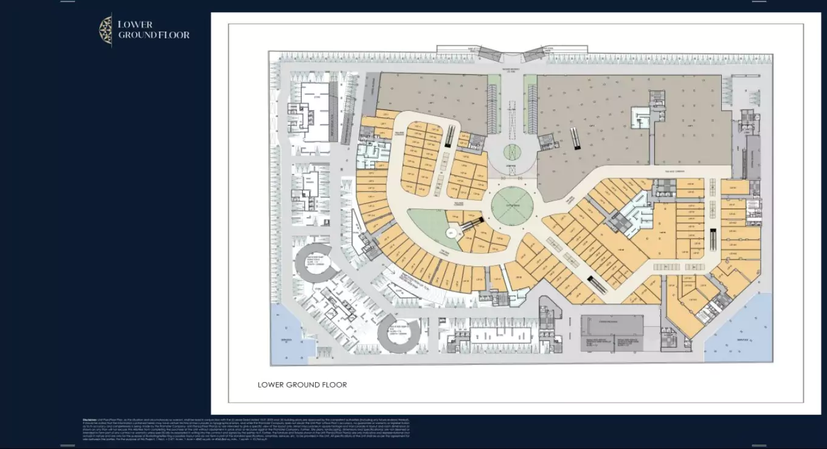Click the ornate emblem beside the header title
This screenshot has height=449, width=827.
tap(105, 30)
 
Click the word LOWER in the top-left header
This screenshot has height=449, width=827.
tap(135, 24)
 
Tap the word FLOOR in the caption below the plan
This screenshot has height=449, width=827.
tap(332, 385)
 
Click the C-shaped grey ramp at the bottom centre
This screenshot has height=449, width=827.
tap(398, 336)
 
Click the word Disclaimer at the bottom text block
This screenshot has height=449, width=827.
tap(91, 419)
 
